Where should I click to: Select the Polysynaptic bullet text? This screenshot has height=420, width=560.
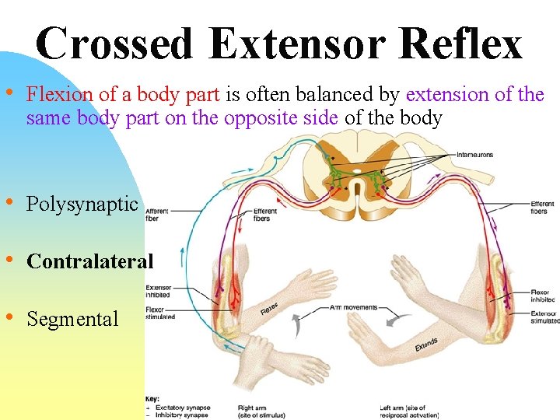(x=82, y=205)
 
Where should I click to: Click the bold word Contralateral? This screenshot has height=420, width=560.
(x=89, y=261)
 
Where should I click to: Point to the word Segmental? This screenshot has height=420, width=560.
(x=72, y=319)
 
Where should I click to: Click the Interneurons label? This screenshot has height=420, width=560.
(x=475, y=155)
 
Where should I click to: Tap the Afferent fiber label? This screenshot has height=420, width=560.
(x=157, y=215)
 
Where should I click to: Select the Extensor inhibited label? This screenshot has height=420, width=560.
(x=159, y=291)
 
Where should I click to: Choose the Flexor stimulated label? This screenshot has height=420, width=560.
(x=159, y=312)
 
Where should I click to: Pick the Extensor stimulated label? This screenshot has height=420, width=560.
(x=543, y=317)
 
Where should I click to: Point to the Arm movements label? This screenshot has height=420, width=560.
(x=355, y=308)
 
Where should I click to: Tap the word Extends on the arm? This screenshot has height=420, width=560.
(x=426, y=344)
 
